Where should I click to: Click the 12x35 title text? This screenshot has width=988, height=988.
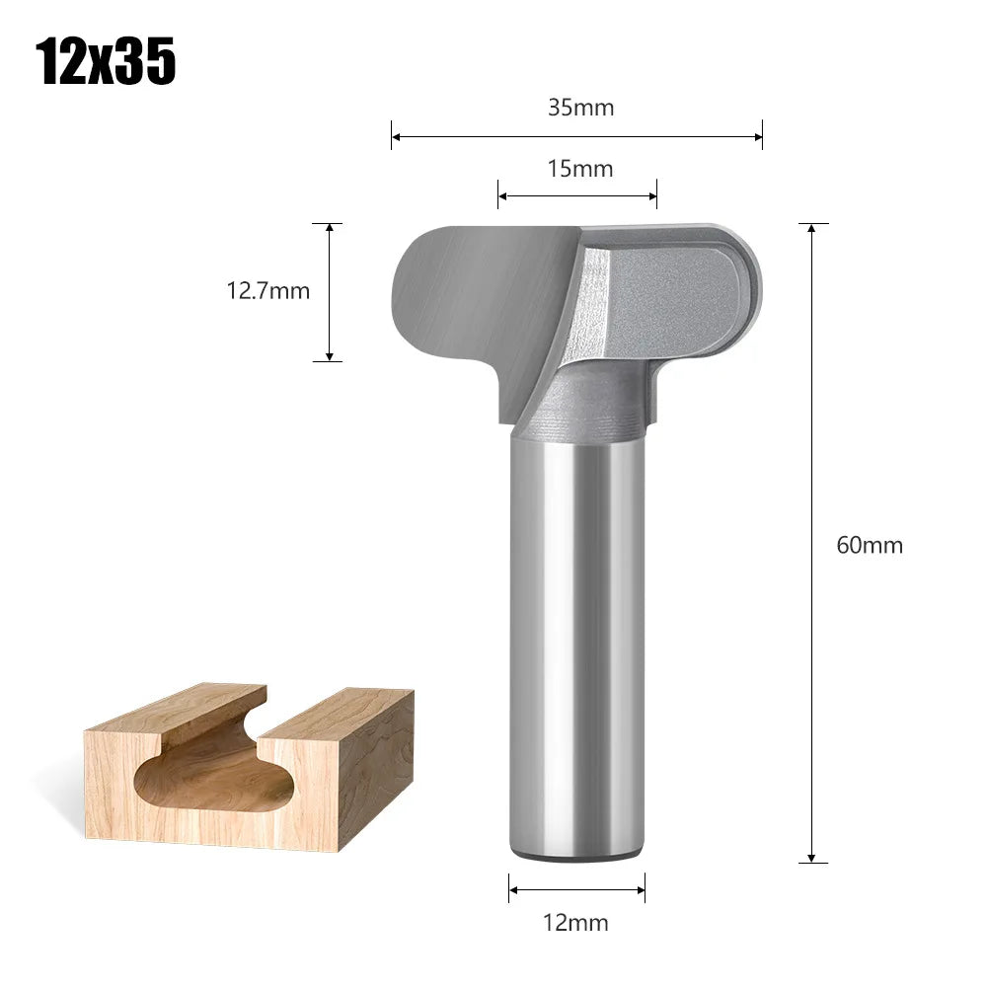[x=107, y=61]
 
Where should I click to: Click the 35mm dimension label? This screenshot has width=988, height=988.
[x=580, y=108]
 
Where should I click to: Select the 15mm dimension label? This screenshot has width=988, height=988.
[x=580, y=169]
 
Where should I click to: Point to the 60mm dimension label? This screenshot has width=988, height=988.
[x=870, y=545]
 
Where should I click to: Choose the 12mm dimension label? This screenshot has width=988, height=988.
[x=576, y=923]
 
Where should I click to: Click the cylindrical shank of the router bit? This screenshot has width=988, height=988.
[x=576, y=642]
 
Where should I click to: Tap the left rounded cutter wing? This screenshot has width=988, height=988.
[x=464, y=296]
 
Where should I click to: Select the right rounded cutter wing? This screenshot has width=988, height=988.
[x=681, y=296]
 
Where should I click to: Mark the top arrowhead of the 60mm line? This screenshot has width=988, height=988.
[x=812, y=228]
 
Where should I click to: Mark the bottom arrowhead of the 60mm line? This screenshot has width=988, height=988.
[x=812, y=858]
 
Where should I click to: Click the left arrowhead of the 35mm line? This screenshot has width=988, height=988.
[x=396, y=136]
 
